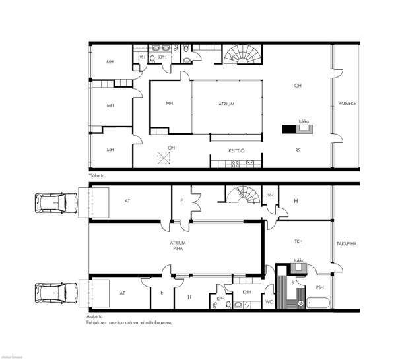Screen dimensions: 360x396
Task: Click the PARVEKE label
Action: (x=347, y=104)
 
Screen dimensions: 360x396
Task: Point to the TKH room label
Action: (x=298, y=242)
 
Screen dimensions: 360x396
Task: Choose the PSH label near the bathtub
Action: (x=319, y=287)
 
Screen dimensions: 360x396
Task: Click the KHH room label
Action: (x=247, y=292)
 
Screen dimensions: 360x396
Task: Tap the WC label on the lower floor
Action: (x=269, y=302)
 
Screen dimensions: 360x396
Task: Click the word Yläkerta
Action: (x=96, y=176)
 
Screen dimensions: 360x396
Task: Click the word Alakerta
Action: (x=95, y=317)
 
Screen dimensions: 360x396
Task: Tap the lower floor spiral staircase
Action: (x=240, y=196)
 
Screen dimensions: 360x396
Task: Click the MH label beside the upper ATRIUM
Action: (x=169, y=104)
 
